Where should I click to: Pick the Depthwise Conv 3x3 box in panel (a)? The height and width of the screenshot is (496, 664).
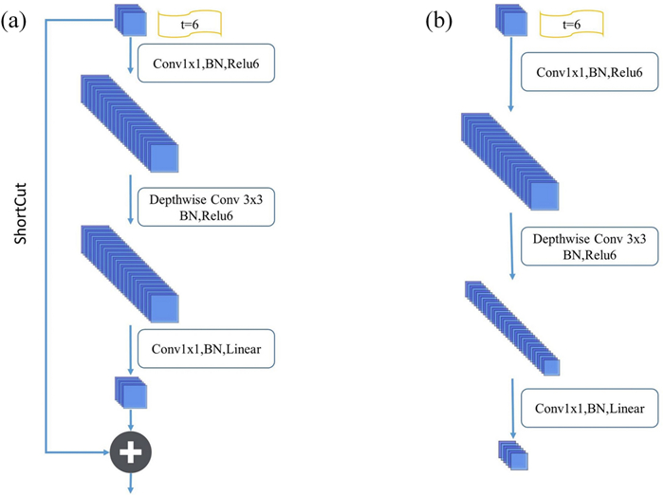click(x=207, y=206)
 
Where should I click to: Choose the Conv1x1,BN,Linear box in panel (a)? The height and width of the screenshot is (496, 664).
click(x=207, y=349)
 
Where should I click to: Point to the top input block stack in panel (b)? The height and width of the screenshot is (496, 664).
click(x=507, y=20)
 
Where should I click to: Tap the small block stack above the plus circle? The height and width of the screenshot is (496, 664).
click(x=131, y=392)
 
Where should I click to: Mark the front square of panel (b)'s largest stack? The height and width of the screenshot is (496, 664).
click(x=544, y=194)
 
